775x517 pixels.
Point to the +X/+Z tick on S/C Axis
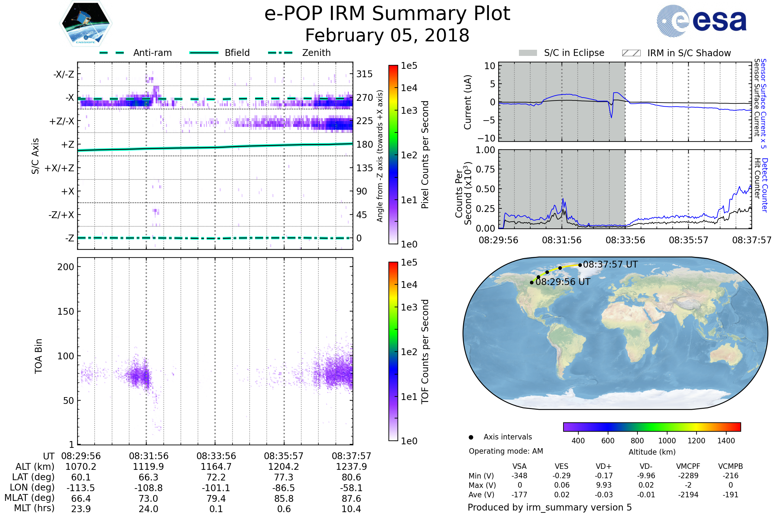[x=59, y=168]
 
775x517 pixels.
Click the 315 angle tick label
[x=364, y=74]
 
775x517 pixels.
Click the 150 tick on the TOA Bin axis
[x=66, y=311]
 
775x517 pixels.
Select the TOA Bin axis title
[x=38, y=356]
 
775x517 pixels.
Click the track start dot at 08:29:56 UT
[x=532, y=282]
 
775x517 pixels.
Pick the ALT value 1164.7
[x=216, y=467]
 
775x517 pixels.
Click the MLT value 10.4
[x=351, y=509]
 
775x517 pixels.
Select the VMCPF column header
[x=688, y=466]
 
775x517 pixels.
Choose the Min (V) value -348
[x=519, y=476]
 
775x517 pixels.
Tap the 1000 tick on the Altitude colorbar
[x=666, y=441]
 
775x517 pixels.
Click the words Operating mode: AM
[x=506, y=451]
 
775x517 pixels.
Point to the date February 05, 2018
[x=387, y=35]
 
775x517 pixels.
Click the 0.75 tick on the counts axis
[x=486, y=169]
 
